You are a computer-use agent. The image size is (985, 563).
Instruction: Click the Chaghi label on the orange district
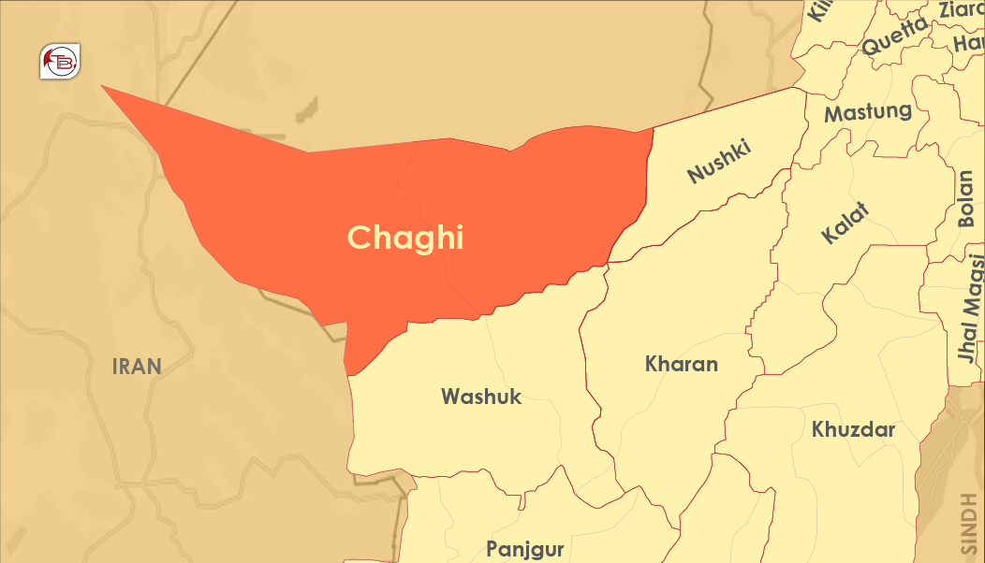click(x=405, y=238)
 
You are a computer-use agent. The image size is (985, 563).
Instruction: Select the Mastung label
click(x=867, y=112)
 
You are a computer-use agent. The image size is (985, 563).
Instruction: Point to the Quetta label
click(x=895, y=36)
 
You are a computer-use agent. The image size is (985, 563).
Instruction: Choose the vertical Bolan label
click(x=966, y=198)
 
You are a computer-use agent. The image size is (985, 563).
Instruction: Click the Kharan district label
click(x=681, y=364)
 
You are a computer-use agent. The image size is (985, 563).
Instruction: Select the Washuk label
click(x=481, y=397)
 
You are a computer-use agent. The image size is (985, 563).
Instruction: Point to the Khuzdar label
click(x=853, y=430)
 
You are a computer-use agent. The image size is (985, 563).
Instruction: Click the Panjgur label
click(x=524, y=548)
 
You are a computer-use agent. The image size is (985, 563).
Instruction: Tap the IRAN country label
click(x=137, y=367)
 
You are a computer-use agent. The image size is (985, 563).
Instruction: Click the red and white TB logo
click(x=61, y=62)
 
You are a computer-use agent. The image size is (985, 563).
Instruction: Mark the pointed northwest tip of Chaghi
click(x=102, y=86)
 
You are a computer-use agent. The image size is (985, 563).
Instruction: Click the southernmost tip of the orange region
click(x=348, y=375)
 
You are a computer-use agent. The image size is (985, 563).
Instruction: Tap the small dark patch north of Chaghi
click(x=304, y=109)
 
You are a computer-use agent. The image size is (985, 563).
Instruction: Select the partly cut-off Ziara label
click(x=961, y=9)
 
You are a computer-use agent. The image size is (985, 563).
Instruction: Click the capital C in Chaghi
click(x=359, y=238)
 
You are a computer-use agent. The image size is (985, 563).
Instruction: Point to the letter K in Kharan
click(x=653, y=364)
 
